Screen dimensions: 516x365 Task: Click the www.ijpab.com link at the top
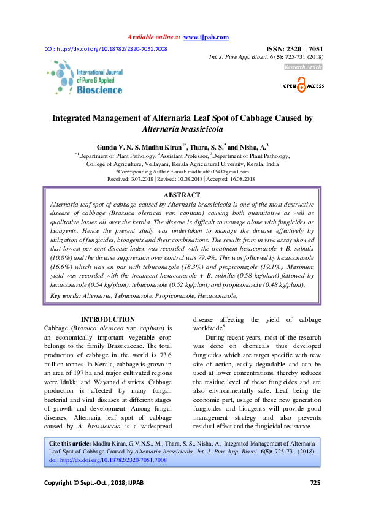coord(206,37)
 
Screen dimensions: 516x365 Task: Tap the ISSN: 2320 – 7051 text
coord(294,48)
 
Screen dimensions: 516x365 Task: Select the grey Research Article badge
coord(303,66)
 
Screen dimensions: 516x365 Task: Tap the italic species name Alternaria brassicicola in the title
coord(182,129)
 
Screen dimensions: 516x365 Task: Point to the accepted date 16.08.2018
coord(242,179)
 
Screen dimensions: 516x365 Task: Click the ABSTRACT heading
coord(183,195)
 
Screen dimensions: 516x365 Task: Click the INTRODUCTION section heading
coord(108,319)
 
